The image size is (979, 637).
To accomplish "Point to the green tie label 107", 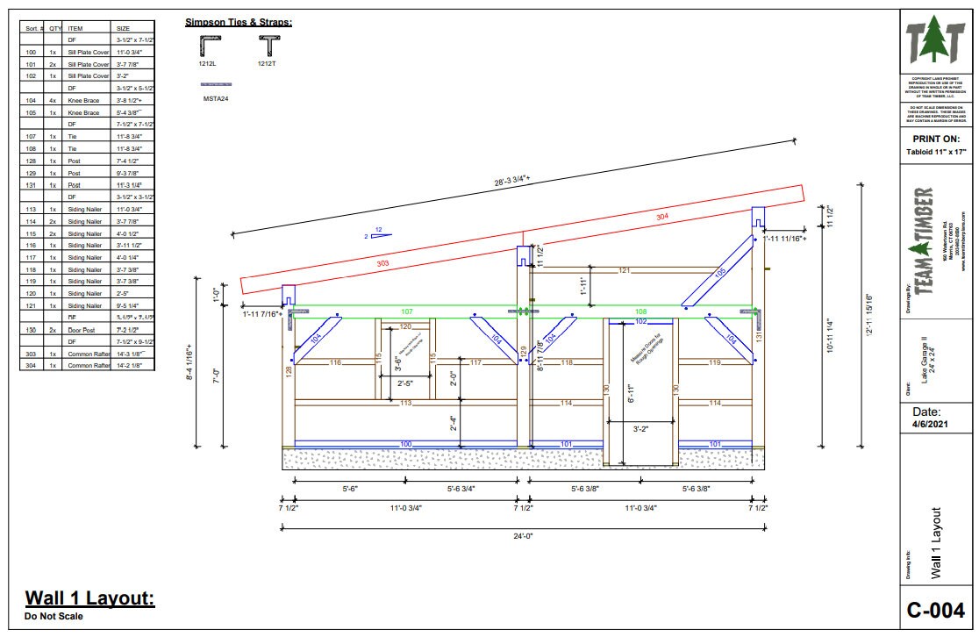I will [406, 311].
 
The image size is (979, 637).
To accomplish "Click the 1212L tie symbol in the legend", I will [209, 45].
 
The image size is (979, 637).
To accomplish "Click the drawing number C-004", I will [935, 609].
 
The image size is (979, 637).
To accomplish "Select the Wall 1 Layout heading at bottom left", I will [89, 598].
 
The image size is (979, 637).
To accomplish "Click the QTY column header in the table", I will [55, 28].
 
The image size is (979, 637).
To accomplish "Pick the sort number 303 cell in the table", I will [31, 354].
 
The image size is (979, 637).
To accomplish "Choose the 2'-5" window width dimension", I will [405, 383].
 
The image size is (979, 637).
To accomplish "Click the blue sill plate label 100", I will [406, 444].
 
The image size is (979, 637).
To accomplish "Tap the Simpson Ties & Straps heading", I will [239, 22].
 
